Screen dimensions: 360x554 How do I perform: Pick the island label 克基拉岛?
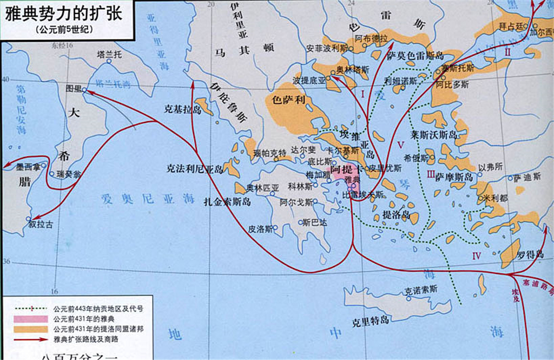[182, 109]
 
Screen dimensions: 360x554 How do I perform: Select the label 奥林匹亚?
[262, 187]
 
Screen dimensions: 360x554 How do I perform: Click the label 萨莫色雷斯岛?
[415, 56]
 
